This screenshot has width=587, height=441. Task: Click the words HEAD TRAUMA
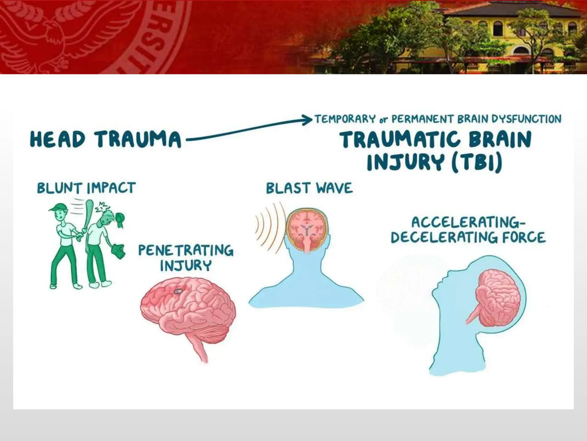(x=105, y=139)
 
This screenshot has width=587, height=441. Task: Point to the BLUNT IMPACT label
(x=86, y=188)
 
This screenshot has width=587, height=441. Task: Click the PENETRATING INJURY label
(x=186, y=258)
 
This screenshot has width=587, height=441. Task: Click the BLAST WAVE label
(x=309, y=188)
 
